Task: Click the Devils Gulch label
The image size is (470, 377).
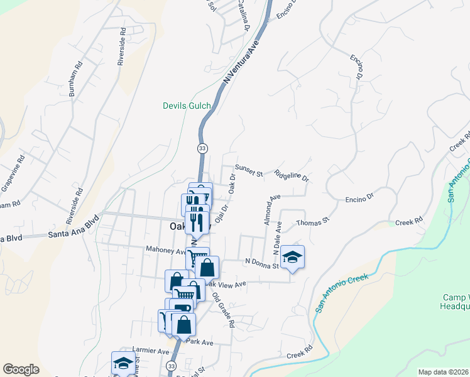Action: [x=187, y=106]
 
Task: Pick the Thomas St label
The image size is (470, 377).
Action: [x=312, y=221]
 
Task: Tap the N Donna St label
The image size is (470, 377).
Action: [x=261, y=265]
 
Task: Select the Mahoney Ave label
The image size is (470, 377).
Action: [x=166, y=250]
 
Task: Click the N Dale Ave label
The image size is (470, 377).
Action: [x=276, y=241]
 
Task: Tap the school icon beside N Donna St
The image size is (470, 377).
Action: [x=292, y=256]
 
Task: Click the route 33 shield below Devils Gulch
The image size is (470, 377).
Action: [x=202, y=148]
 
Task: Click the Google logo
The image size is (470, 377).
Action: [x=21, y=369]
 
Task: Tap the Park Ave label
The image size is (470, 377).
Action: [x=200, y=342]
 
